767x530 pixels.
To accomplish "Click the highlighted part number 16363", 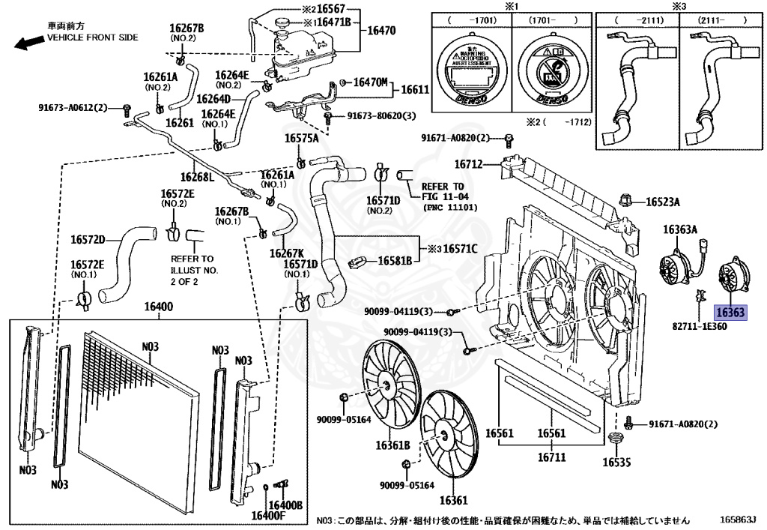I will click(x=730, y=314).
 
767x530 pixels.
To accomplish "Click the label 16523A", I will click(x=663, y=202).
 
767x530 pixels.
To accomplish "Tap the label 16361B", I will click(x=392, y=445).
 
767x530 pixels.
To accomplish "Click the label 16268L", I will click(x=200, y=177).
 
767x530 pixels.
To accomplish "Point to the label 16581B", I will click(x=395, y=261).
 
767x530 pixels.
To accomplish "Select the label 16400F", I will click(x=267, y=516).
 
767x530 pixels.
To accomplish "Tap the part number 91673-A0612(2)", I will click(x=73, y=107).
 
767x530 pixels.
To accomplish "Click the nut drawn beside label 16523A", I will click(x=625, y=199).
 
